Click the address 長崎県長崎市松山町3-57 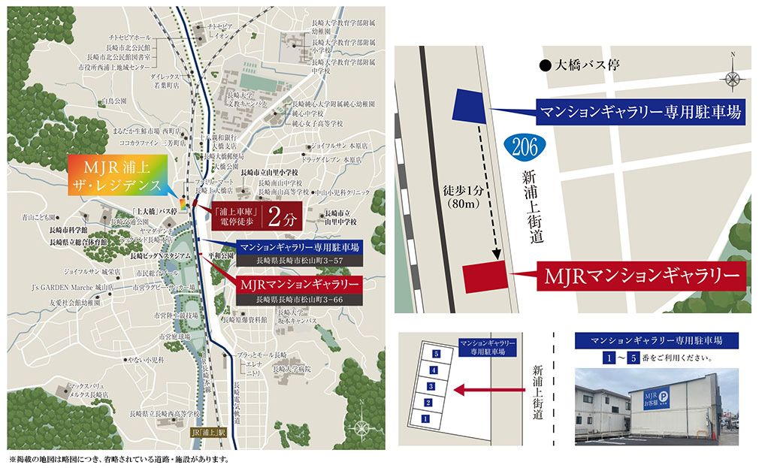click(x=299, y=261)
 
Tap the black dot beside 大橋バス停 click(x=545, y=66)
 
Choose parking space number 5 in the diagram click(x=436, y=353)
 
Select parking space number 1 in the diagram click(x=425, y=418)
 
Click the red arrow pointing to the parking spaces click(x=488, y=389)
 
